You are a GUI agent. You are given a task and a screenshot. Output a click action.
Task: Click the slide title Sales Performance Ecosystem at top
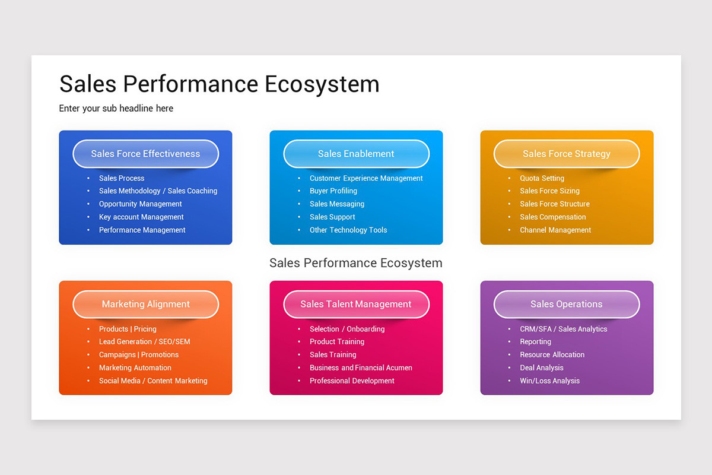(219, 84)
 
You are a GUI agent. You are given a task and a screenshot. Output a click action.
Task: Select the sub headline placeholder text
(116, 108)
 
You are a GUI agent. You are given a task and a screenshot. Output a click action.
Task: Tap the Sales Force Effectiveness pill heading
(145, 154)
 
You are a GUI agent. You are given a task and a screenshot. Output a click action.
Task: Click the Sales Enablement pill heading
(356, 154)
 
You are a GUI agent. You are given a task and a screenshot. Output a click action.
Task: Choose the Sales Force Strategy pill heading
(566, 154)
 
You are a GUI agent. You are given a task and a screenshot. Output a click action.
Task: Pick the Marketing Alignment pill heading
(145, 304)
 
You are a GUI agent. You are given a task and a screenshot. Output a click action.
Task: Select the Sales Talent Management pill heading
(356, 304)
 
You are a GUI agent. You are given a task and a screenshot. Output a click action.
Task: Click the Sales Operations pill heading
(566, 304)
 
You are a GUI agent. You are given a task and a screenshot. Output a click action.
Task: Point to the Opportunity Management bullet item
(141, 204)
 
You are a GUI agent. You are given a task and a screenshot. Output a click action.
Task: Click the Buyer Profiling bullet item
(333, 191)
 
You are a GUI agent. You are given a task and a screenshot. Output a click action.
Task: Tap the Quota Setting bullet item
(542, 178)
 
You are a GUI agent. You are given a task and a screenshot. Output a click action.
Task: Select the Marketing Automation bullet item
(135, 368)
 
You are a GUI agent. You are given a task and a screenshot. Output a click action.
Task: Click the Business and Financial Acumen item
(361, 368)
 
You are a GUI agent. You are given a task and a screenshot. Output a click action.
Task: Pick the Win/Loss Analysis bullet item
(549, 381)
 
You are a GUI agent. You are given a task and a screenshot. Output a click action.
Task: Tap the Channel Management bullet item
(555, 230)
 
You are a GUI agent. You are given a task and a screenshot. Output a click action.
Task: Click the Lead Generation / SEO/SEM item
(145, 341)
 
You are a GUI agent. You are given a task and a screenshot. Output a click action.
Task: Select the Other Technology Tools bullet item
(348, 230)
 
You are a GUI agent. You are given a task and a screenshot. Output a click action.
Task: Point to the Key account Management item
(141, 217)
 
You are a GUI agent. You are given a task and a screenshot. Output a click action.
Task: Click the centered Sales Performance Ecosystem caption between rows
(356, 263)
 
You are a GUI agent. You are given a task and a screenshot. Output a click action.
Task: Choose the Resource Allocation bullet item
(552, 354)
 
